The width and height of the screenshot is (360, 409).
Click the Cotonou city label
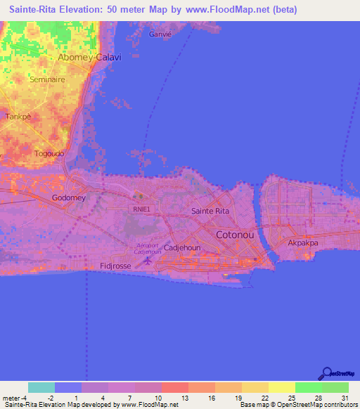coord(236,235)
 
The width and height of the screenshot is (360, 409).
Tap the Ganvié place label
coord(161,34)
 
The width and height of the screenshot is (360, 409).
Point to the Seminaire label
coord(47,80)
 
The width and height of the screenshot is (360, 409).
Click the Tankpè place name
coord(19,117)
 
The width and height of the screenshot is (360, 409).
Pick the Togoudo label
coord(49,153)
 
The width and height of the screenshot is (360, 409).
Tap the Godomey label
coord(69,198)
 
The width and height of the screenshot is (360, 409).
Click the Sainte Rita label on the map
coord(211,211)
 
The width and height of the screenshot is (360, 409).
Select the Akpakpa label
coord(304,243)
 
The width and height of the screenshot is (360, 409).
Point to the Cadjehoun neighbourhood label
coord(183,248)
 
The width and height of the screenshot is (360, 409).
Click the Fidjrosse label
coord(116,266)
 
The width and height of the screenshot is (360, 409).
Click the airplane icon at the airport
coord(147,261)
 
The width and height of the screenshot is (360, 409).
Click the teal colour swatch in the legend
coord(41,387)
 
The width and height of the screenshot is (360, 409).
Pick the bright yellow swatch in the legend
coord(281,387)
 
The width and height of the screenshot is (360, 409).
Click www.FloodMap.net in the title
coord(233,10)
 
